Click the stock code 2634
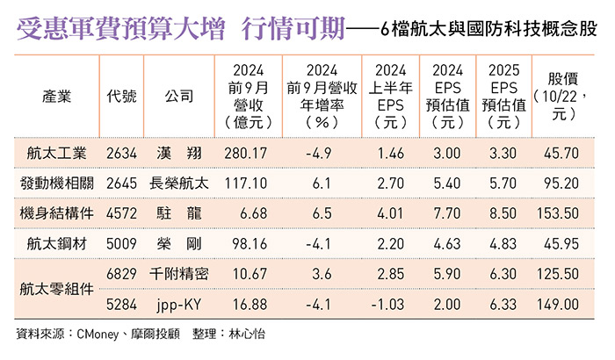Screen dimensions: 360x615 coord(121,153)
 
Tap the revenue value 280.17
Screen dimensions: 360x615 coord(245,153)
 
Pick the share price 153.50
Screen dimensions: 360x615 coord(562,213)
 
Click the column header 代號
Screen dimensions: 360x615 coord(121,96)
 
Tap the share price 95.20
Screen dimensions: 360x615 coord(562,184)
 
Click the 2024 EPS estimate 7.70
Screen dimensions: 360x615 coord(447,213)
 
